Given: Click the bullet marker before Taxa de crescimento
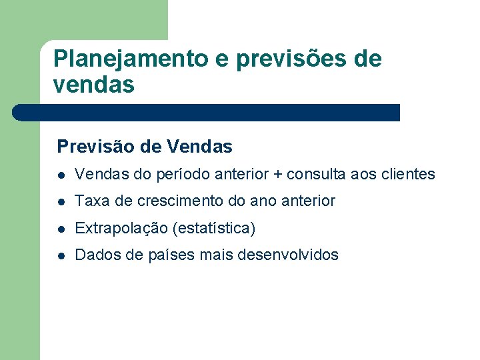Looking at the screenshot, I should [61, 201].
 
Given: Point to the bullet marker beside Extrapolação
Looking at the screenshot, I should [61, 229].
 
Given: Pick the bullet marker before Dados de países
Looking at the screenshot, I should [61, 255].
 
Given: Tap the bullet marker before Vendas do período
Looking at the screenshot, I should [61, 175].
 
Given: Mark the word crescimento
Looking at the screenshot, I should [176, 201].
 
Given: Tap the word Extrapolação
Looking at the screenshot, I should [121, 228].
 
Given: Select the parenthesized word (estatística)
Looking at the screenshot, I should [213, 228].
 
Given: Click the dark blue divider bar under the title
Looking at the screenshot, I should [207, 112].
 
